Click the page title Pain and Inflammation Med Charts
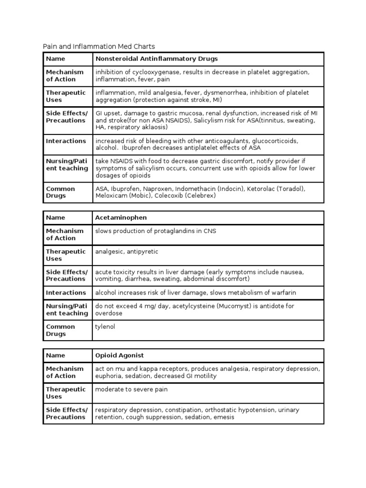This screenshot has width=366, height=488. coord(99,46)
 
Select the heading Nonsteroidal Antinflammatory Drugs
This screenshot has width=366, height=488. coord(157,59)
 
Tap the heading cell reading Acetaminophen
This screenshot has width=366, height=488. coord(121,217)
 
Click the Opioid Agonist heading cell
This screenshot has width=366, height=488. coord(120,356)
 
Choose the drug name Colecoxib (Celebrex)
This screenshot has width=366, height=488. coord(188,196)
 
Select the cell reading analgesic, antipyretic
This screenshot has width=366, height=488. coord(127,251)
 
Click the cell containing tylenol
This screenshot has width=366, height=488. coord(105,326)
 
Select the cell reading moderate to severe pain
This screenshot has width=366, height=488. coord(132,389)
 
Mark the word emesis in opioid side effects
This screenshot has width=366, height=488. coord(224,417)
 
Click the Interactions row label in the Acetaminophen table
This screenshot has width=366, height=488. coord(66,293)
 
